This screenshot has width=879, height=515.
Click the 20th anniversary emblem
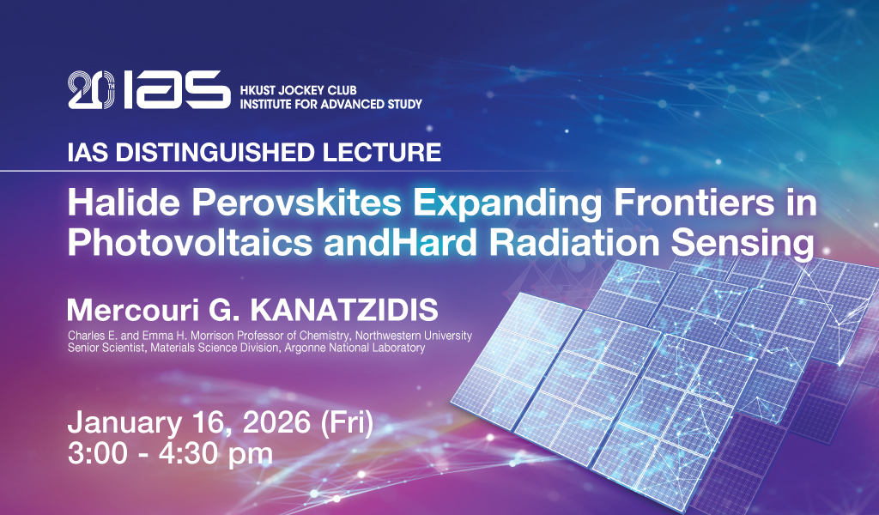point(91,89)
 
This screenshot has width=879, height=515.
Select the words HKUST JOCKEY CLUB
point(298,90)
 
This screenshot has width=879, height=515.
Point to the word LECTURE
point(382,153)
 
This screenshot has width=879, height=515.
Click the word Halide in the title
point(124,203)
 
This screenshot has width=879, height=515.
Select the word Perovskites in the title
point(297,203)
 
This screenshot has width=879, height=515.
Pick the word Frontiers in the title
point(693,203)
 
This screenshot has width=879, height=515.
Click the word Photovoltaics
point(190,243)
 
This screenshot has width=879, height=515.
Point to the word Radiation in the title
point(574,243)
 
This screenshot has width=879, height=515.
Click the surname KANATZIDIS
point(343,310)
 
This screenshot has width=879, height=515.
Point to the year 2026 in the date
point(276,422)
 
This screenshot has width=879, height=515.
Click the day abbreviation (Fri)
point(347,423)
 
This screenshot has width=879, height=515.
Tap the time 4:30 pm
point(215,454)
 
